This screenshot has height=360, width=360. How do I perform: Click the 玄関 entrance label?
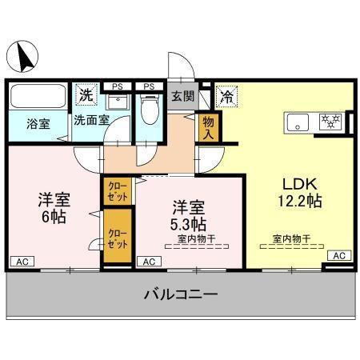coord(182,97)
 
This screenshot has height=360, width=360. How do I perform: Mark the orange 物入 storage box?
coord(208,126)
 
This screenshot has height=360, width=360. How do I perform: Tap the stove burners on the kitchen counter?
coord(330,122)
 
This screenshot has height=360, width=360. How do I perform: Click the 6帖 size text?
coord(54,215)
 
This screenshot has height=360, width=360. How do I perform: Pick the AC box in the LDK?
coord(339,255)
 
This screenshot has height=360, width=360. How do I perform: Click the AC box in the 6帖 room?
coord(23,261)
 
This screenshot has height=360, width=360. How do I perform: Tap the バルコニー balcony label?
coord(181,294)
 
